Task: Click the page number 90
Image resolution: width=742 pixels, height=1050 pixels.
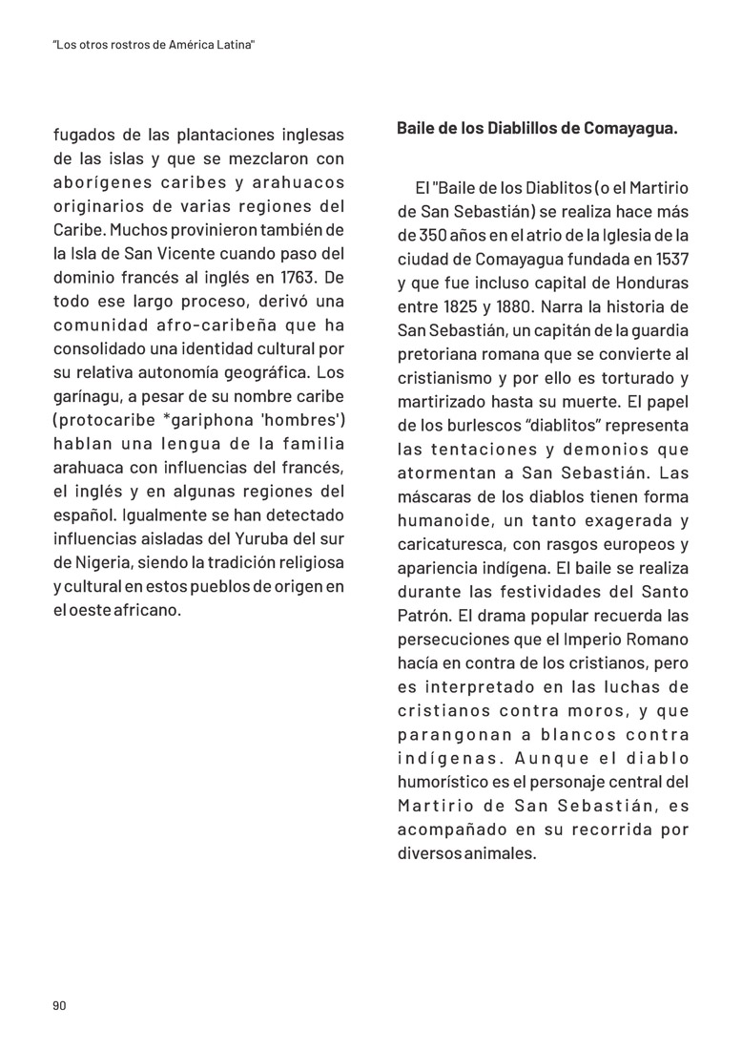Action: pyautogui.click(x=59, y=1005)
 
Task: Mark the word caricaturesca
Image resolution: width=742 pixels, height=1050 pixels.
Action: pyautogui.click(x=450, y=545)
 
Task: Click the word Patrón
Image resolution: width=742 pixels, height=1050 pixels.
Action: pyautogui.click(x=423, y=616)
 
